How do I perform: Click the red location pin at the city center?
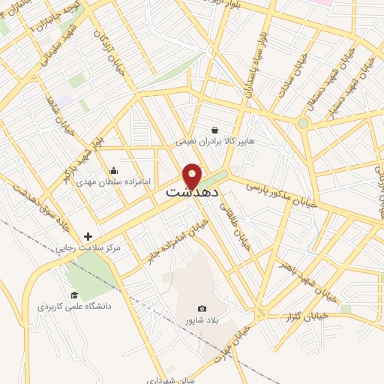click(193, 175)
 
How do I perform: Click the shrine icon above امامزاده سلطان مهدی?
click(113, 170)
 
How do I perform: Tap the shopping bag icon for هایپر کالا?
click(215, 129)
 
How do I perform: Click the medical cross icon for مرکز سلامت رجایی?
click(88, 236)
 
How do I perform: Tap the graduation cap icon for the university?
click(73, 294)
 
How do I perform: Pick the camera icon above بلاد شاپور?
click(201, 308)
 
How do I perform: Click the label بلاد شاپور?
click(201, 320)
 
